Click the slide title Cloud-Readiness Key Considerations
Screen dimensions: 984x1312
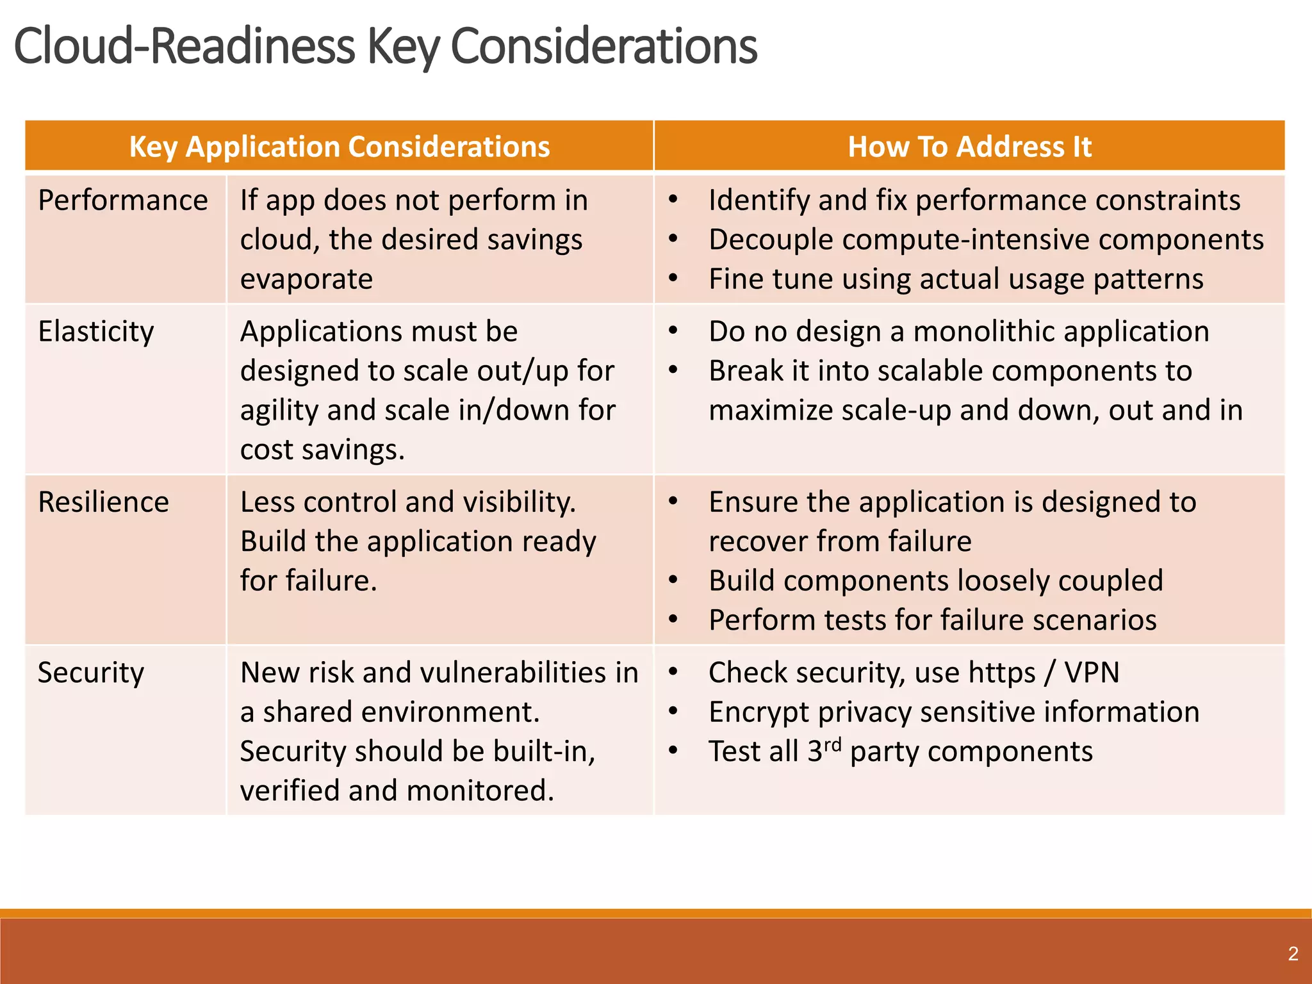click(384, 46)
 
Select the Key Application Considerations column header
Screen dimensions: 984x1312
click(340, 147)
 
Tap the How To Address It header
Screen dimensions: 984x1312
click(969, 147)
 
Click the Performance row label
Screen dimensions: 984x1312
click(123, 201)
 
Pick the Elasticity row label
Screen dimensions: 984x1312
click(96, 332)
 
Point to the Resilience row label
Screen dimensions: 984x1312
click(104, 502)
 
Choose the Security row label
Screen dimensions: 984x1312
click(91, 673)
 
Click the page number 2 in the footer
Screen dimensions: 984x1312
click(1293, 954)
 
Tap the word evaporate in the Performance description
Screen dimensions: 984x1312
click(306, 279)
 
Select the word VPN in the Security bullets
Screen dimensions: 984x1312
click(1092, 673)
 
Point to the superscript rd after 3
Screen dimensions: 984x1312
click(832, 744)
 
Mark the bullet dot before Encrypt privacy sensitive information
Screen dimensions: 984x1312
click(673, 711)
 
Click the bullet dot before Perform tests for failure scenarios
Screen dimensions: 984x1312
click(673, 619)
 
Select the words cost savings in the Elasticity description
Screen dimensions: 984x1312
click(322, 450)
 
